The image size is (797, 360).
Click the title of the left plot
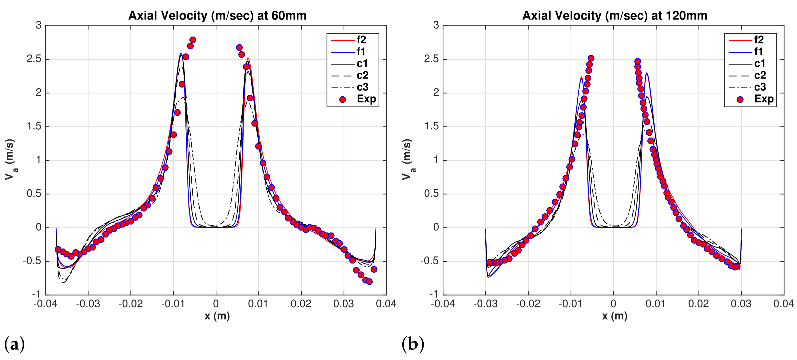click(x=217, y=15)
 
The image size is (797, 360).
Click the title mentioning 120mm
click(x=615, y=15)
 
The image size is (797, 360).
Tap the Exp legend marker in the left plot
click(x=342, y=99)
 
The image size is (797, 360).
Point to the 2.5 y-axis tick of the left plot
click(x=34, y=59)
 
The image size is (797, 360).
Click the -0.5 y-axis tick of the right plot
click(x=430, y=261)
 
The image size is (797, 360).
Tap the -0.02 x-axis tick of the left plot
click(x=130, y=304)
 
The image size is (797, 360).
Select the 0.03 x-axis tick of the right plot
click(x=741, y=304)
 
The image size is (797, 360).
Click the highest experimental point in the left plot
click(x=193, y=40)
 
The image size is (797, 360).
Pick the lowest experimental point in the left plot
click(x=369, y=282)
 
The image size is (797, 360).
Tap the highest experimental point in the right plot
click(x=591, y=58)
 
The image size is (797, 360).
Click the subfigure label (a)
click(x=14, y=344)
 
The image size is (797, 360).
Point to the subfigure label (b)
click(x=413, y=344)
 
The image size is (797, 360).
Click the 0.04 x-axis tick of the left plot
click(x=386, y=304)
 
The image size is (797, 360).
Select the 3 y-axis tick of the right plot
click(x=436, y=25)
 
